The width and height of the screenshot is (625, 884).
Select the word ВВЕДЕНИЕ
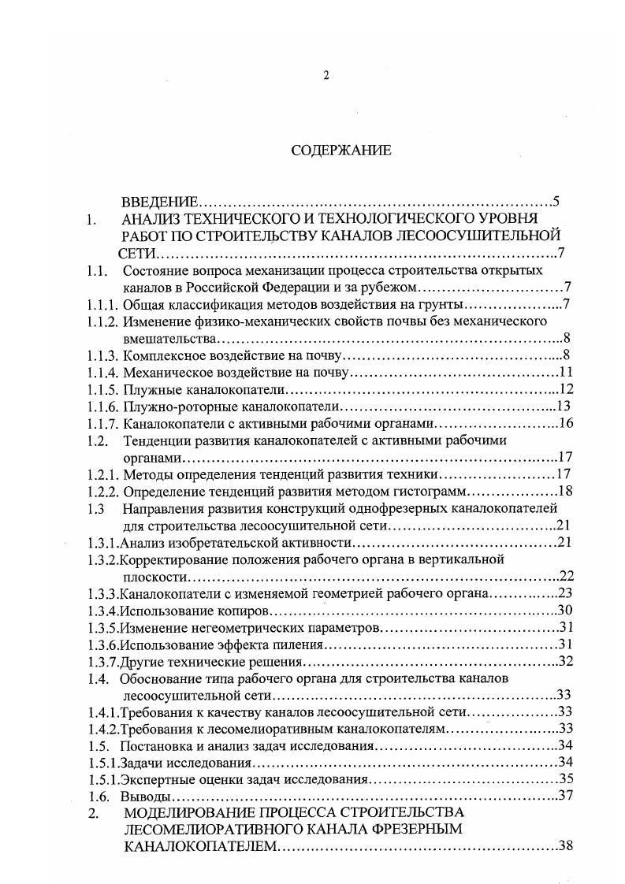tap(162, 202)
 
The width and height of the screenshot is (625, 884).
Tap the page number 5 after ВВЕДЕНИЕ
tap(556, 202)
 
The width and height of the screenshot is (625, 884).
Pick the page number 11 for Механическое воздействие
tap(565, 372)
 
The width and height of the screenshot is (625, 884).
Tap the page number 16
tap(565, 423)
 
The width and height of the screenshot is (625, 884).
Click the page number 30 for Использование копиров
tap(565, 611)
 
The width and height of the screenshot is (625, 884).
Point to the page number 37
tap(565, 797)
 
